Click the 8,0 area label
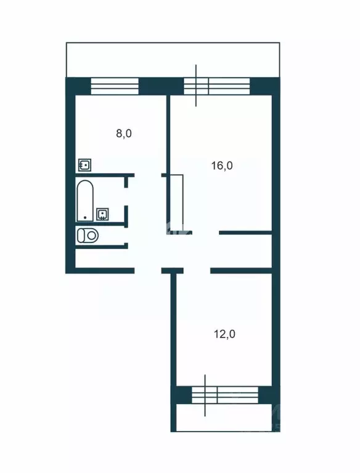click(125, 134)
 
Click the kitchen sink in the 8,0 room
click(85, 165)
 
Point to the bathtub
click(84, 200)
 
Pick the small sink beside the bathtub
click(103, 214)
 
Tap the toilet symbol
click(88, 235)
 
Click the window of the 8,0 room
click(116, 85)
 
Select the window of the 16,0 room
click(217, 85)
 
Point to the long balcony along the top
click(173, 60)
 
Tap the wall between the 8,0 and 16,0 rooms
click(168, 135)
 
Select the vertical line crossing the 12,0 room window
click(205, 394)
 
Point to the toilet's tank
click(80, 235)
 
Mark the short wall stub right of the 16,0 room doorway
click(245, 233)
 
